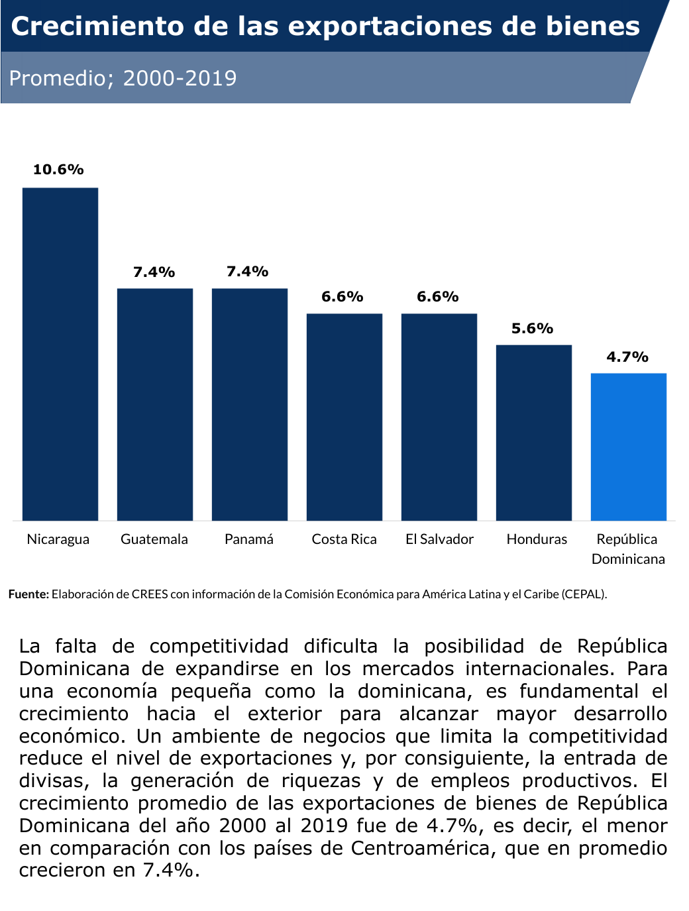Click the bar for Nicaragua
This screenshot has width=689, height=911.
coord(60,354)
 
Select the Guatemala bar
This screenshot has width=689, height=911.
coord(155,404)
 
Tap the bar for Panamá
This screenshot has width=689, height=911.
coord(250,404)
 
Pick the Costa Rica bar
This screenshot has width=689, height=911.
coord(344,417)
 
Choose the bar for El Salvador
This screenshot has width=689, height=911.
coord(439,417)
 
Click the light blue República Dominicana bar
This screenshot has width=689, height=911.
coord(629,447)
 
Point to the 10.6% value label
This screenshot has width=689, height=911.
coord(58,170)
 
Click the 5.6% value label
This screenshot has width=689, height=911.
coord(532,329)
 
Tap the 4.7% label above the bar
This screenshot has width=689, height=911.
coord(627,357)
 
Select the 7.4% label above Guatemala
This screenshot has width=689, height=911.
coord(154,272)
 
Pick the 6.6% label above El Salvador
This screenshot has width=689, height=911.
coord(437,297)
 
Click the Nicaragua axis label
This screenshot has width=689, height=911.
coord(58,539)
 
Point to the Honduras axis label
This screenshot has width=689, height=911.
coord(537,539)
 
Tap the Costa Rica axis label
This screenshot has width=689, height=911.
coord(344,539)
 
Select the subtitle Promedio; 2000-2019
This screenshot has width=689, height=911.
coord(123,78)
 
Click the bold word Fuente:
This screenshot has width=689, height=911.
coord(28,594)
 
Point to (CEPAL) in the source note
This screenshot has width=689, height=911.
coord(584,594)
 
